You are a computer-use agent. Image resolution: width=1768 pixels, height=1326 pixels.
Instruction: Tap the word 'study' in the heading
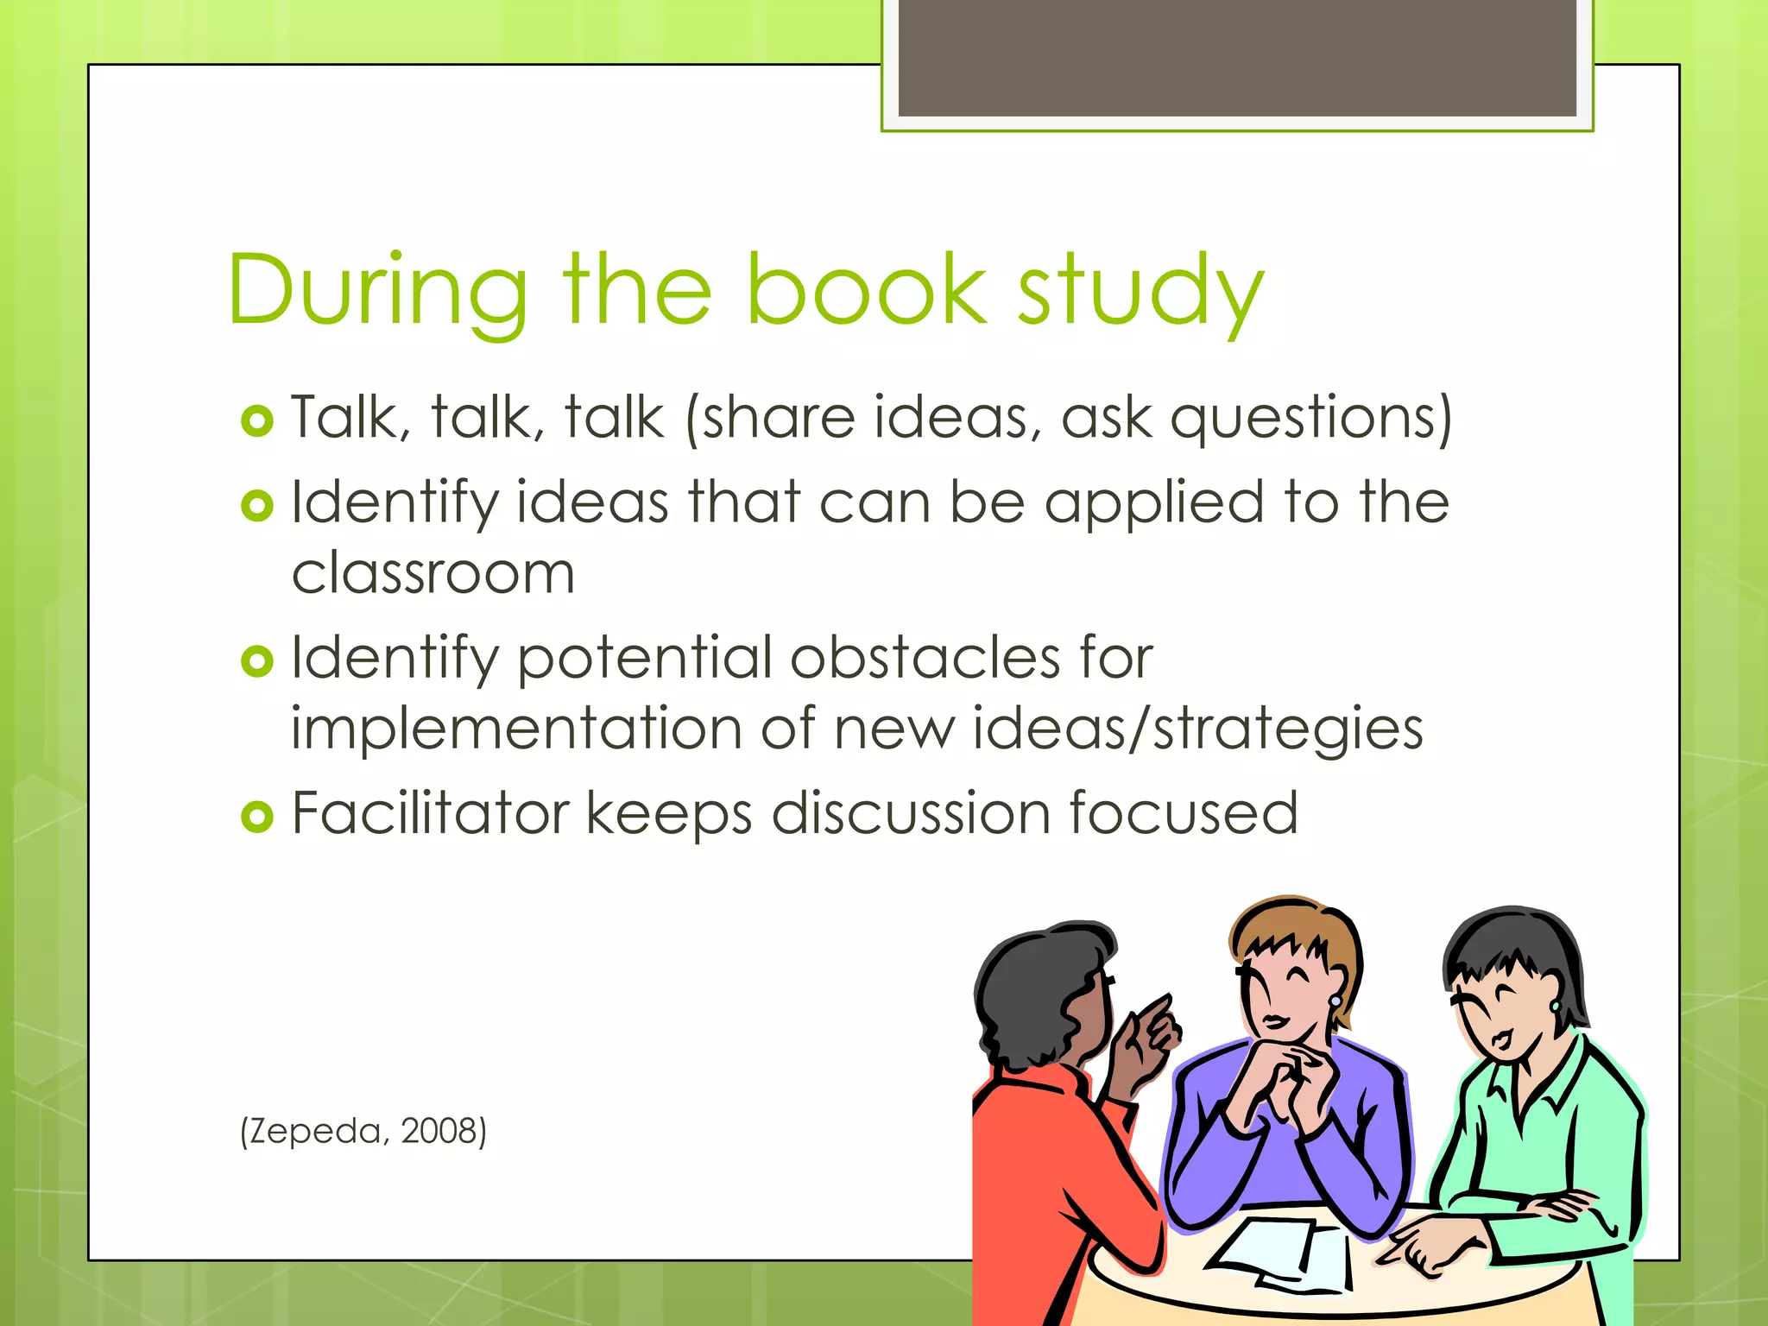pyautogui.click(x=1140, y=290)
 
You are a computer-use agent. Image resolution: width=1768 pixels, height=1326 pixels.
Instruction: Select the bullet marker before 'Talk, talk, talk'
pyautogui.click(x=257, y=420)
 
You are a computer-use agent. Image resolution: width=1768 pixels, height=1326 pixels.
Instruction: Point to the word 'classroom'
pyautogui.click(x=433, y=573)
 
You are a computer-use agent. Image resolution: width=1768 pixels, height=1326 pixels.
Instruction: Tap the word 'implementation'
pyautogui.click(x=515, y=729)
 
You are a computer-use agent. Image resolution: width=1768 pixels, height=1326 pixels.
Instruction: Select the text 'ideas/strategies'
pyautogui.click(x=1198, y=729)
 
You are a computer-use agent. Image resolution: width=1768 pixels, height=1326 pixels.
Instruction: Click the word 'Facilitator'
pyautogui.click(x=431, y=813)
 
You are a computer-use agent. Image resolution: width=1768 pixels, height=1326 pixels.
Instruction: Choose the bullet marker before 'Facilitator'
pyautogui.click(x=257, y=816)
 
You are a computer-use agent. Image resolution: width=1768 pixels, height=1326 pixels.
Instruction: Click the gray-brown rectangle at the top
pyautogui.click(x=1237, y=58)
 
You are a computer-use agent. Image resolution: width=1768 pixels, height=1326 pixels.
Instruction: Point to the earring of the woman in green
pyautogui.click(x=1556, y=1007)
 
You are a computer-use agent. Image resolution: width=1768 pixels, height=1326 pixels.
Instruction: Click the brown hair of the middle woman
pyautogui.click(x=1295, y=928)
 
